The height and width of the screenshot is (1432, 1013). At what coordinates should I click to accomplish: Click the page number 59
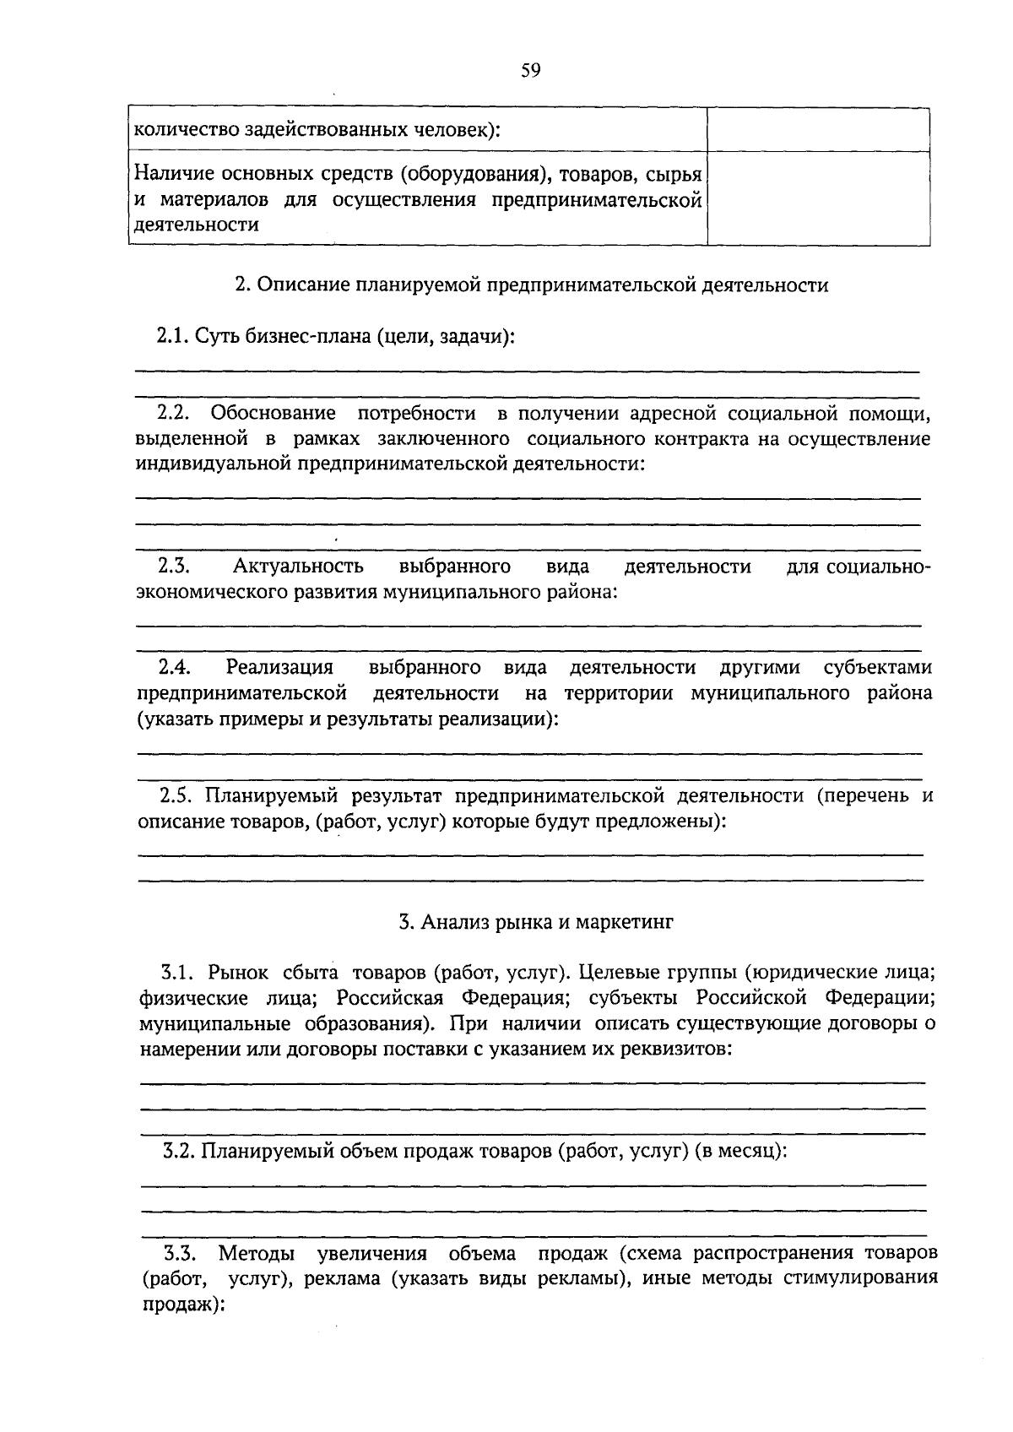point(530,70)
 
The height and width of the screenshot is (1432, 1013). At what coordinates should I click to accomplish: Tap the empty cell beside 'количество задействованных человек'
point(818,130)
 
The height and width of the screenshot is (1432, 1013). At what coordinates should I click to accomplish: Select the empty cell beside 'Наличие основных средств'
point(818,199)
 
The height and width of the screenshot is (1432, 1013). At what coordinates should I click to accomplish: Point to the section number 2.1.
point(173,336)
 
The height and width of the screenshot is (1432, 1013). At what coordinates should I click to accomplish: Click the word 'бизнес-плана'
point(317,336)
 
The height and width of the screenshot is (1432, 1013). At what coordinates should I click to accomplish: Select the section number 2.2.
point(175,413)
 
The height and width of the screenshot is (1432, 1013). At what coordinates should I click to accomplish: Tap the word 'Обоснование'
point(273,413)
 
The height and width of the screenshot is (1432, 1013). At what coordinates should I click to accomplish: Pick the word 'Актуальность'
point(299,566)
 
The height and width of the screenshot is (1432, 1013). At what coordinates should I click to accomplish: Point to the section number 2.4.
point(174,668)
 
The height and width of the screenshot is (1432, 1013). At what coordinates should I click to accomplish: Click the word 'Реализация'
point(279,668)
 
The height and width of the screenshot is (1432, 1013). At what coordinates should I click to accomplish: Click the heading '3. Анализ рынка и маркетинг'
point(536,922)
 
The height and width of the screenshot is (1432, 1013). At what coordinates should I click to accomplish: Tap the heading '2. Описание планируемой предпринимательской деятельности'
point(531,285)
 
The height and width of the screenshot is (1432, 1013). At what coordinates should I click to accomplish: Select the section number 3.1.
point(179,973)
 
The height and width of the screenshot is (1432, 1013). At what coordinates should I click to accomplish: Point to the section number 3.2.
point(180,1151)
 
